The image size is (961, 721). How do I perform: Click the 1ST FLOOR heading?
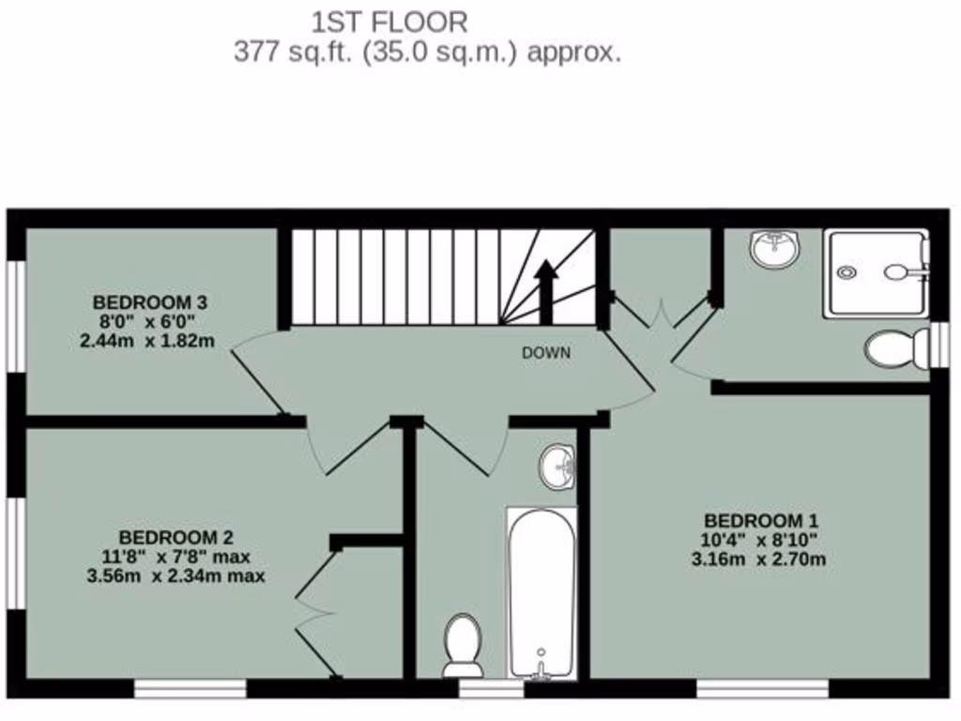pyautogui.click(x=389, y=21)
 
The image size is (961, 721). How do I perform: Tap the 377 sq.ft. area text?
pyautogui.click(x=427, y=52)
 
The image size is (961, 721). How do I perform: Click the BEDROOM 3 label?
pyautogui.click(x=149, y=302)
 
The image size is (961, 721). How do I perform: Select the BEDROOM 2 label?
pyautogui.click(x=175, y=537)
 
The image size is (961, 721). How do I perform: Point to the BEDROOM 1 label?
pyautogui.click(x=761, y=520)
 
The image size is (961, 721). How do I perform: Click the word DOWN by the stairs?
pyautogui.click(x=546, y=353)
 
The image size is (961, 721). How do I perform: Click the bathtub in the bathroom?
pyautogui.click(x=542, y=591)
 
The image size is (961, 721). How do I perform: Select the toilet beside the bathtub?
pyautogui.click(x=463, y=645)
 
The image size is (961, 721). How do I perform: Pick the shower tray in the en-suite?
pyautogui.click(x=877, y=272)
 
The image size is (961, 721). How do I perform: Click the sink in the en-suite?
pyautogui.click(x=774, y=249)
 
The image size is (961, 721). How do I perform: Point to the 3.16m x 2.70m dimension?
pyautogui.click(x=761, y=560)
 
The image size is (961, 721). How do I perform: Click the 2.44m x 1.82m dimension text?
pyautogui.click(x=147, y=341)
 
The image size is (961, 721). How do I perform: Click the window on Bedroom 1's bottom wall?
pyautogui.click(x=762, y=689)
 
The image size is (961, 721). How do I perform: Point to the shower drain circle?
pyautogui.click(x=847, y=273)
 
